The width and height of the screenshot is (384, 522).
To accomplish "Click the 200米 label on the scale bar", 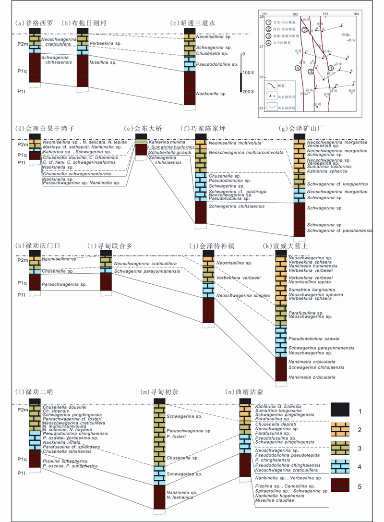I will tap(249, 91).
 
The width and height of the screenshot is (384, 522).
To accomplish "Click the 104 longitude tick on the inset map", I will tap(356, 13).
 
